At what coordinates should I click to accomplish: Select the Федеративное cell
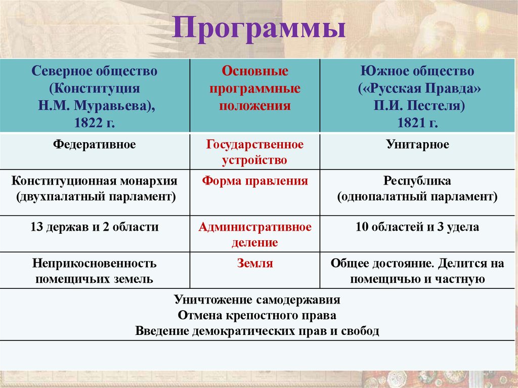pos(95,145)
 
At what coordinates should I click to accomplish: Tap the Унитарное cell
pos(417,145)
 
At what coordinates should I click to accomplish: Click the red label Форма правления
pos(255,181)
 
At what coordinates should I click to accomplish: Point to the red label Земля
pos(255,264)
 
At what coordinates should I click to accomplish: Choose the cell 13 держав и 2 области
pos(95,227)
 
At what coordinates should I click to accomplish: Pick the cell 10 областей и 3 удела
pos(417,227)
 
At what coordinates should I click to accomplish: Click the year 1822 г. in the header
pos(95,122)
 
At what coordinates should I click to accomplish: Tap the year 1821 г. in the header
pos(417,122)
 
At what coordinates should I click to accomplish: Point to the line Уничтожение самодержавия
pos(257,299)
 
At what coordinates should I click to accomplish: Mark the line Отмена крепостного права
pos(257,315)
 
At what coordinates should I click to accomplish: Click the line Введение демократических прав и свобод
pos(257,331)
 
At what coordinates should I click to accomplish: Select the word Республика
pos(417,181)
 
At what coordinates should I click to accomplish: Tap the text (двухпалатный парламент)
pos(95,197)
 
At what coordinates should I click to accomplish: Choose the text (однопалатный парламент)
pos(417,197)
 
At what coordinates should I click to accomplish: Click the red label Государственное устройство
pos(255,152)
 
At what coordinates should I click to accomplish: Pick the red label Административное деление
pos(255,235)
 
